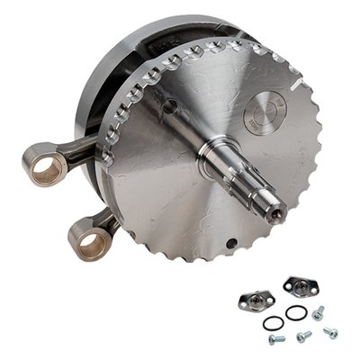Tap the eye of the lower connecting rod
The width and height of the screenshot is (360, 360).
point(90,242)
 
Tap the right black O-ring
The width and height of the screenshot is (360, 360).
point(296,313)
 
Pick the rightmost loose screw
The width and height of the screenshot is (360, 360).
point(330,332)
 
